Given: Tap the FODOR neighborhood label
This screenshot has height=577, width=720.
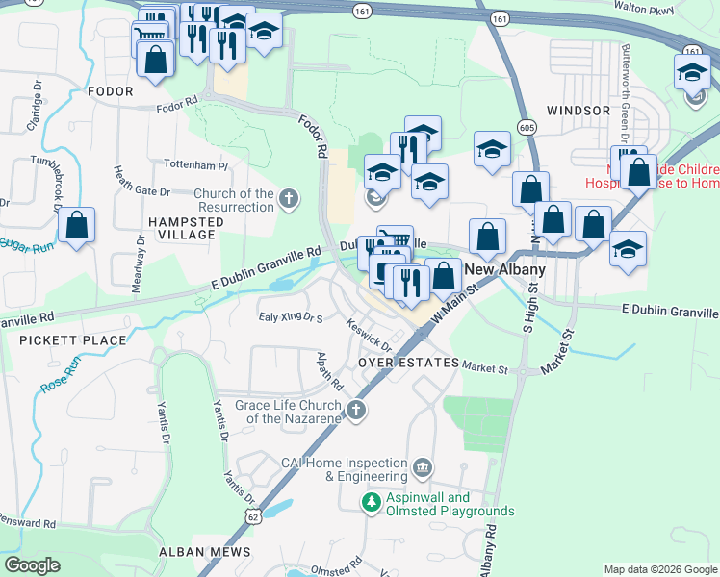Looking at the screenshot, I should pos(109,91).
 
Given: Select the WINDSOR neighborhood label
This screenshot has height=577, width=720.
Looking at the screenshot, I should pos(579,111).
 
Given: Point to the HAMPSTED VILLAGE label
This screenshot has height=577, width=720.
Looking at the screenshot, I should pos(181,228).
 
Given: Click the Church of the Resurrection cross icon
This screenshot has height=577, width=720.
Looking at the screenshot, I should pos(288,200).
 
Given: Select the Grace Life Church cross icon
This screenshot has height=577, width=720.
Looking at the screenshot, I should pos(356,412).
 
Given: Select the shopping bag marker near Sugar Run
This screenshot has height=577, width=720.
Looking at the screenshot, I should pos(77,227).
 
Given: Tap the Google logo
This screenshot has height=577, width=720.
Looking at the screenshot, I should pos(33,565).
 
